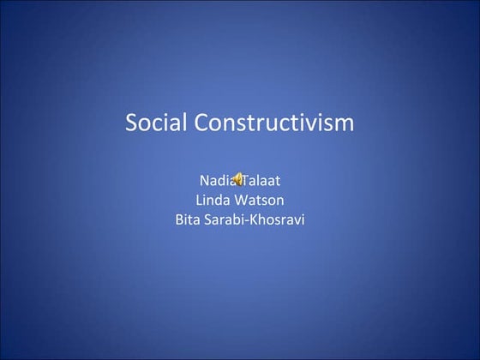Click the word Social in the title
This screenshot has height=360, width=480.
[155, 123]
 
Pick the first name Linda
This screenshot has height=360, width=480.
[213, 201]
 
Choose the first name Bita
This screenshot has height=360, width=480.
[188, 220]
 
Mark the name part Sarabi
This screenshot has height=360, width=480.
[227, 220]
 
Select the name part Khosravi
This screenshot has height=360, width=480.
[279, 220]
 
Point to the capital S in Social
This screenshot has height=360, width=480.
[133, 123]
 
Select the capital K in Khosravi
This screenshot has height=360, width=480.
[257, 220]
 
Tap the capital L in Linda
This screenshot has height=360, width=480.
[199, 201]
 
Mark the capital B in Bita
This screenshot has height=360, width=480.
[178, 220]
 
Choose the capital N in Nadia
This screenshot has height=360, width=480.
[203, 181]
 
